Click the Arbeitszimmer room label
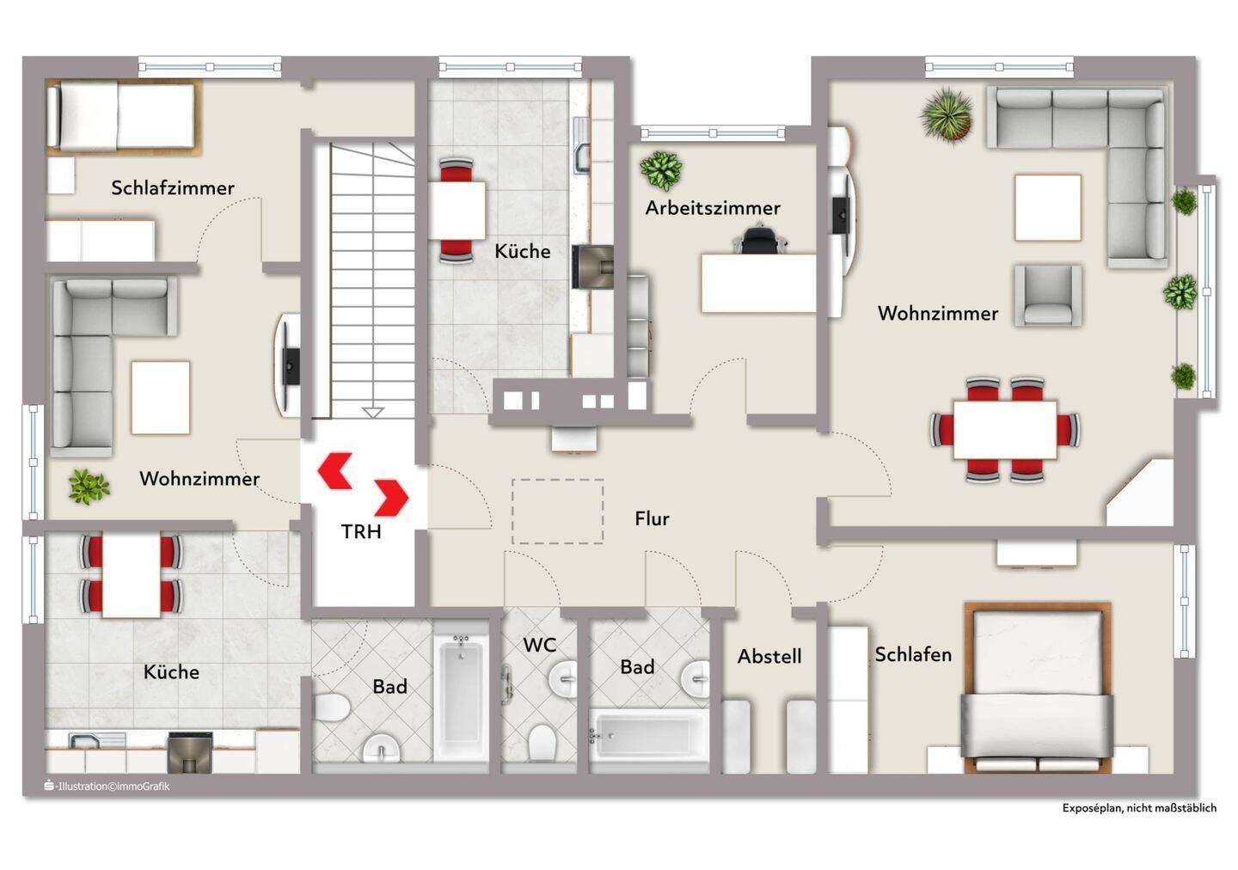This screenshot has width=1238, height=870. (x=713, y=208)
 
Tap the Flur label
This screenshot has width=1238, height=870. (x=652, y=518)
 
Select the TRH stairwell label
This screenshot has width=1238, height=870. (x=361, y=531)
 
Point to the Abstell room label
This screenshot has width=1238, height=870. (x=769, y=656)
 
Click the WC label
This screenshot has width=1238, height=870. (x=539, y=645)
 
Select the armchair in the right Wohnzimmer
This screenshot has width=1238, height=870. (x=1048, y=295)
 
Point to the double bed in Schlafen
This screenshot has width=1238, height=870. (x=1038, y=687)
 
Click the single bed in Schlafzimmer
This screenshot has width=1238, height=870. (x=122, y=117)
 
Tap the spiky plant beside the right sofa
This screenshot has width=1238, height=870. (x=947, y=115)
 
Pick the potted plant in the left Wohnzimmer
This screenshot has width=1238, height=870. (x=89, y=487)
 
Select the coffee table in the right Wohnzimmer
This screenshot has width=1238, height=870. (x=1048, y=208)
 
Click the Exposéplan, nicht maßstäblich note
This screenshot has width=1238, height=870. (x=1139, y=807)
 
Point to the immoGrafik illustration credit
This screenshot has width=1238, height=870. (x=107, y=786)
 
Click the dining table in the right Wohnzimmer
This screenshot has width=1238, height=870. (x=1005, y=430)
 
